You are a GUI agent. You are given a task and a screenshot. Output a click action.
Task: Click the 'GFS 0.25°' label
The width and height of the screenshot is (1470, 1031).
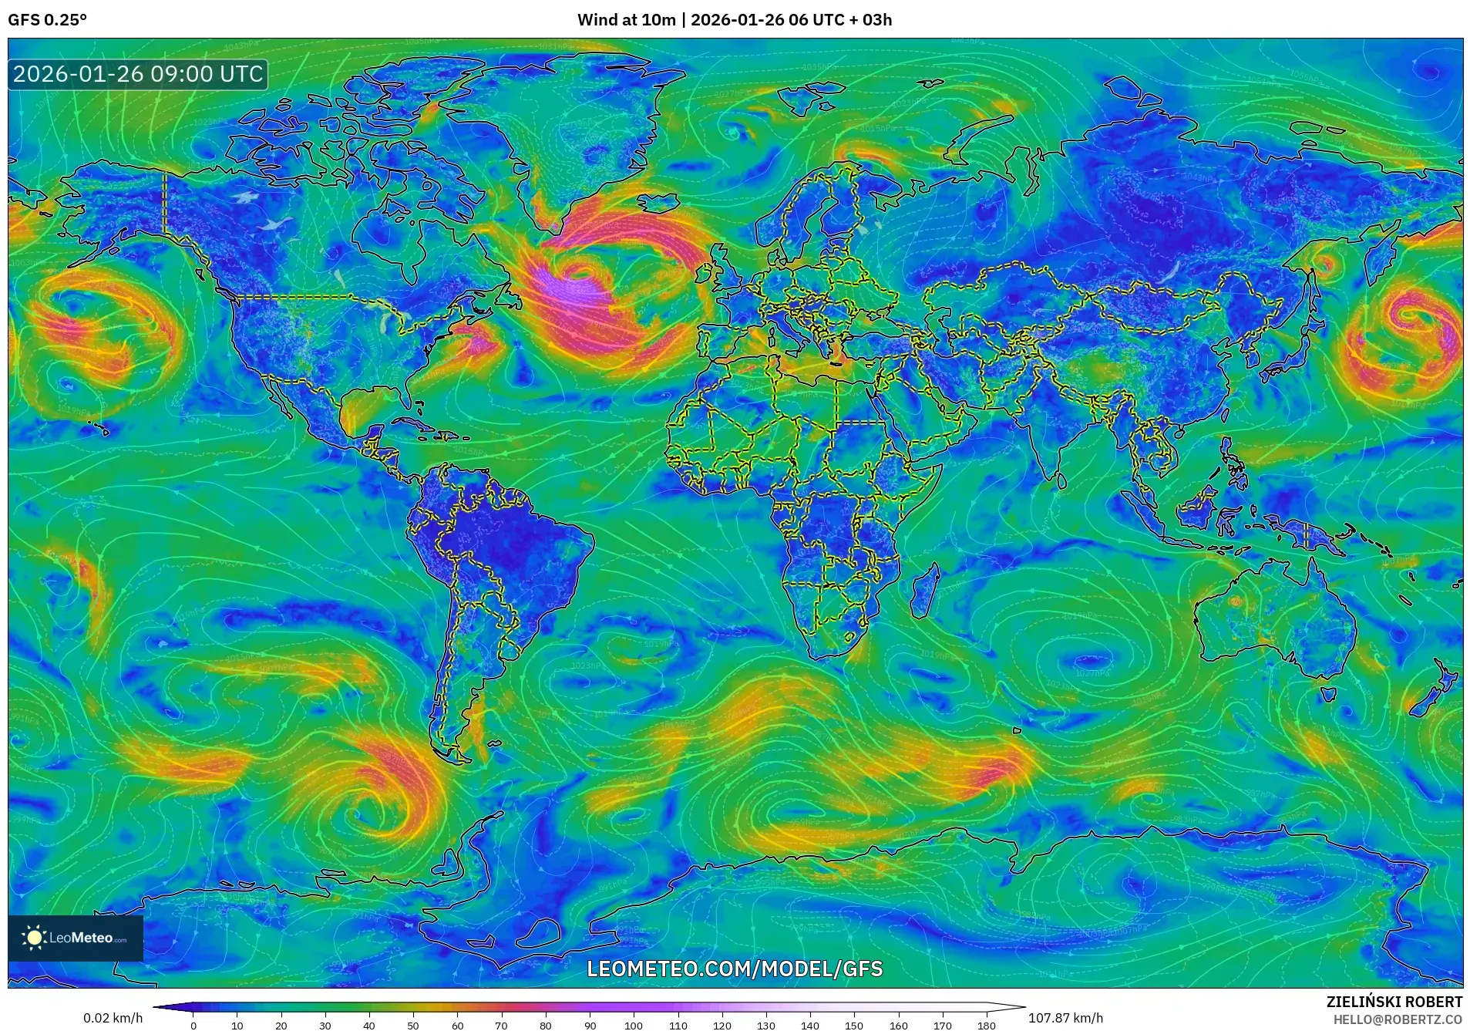click(x=47, y=20)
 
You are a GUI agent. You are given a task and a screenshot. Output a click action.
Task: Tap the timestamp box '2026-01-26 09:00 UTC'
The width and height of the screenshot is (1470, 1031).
click(x=138, y=75)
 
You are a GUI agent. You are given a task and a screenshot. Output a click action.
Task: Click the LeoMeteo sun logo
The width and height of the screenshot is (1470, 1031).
click(x=35, y=938)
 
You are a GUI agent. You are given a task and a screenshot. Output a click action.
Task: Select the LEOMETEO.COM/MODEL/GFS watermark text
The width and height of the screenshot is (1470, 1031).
click(x=735, y=969)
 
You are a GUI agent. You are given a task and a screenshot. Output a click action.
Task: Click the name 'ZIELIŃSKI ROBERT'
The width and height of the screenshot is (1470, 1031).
click(x=1394, y=1002)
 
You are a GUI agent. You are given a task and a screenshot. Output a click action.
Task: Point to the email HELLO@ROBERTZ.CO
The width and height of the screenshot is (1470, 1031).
click(x=1398, y=1019)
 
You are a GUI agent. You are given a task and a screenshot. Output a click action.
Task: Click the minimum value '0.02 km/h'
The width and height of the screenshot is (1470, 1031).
click(x=113, y=1018)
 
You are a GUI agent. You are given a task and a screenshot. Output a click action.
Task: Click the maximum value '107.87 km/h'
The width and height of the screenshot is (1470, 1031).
click(x=1065, y=1018)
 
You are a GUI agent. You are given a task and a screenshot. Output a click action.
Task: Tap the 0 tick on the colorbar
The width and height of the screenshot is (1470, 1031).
click(x=193, y=1025)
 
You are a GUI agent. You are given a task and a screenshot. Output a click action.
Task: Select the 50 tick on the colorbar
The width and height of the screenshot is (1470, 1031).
click(x=413, y=1025)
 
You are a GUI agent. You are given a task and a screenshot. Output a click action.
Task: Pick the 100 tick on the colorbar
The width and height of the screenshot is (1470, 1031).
click(x=634, y=1025)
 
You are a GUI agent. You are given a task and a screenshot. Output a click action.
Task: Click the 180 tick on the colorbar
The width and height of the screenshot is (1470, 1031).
click(x=987, y=1025)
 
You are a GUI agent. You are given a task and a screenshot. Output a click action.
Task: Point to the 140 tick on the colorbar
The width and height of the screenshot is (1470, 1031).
click(x=810, y=1025)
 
